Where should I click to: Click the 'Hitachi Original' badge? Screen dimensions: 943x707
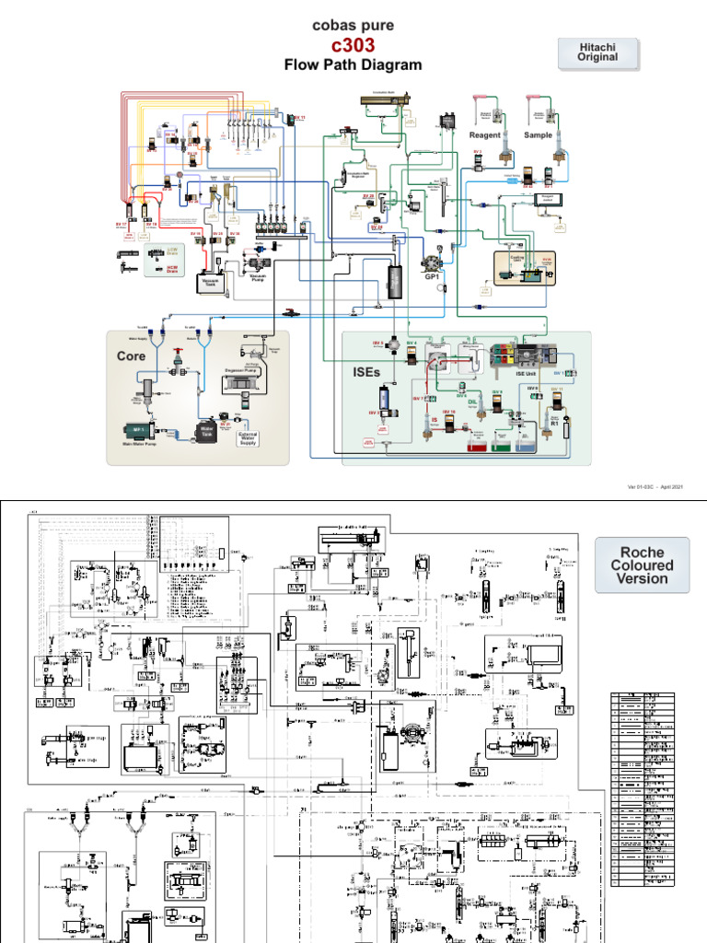[597, 52]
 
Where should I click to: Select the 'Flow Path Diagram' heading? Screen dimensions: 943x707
[353, 64]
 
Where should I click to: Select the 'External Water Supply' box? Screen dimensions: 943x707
[248, 438]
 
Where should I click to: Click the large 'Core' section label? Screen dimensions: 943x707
[131, 355]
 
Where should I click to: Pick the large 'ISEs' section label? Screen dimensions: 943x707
[366, 372]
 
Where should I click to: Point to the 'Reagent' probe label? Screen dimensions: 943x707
[485, 135]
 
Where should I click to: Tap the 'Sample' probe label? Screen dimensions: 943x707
[539, 135]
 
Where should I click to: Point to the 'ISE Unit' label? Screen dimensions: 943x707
[518, 375]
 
